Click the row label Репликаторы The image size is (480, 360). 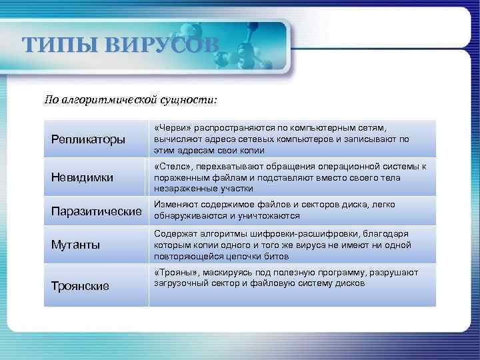pyautogui.click(x=88, y=139)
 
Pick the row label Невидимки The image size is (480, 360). pyautogui.click(x=82, y=177)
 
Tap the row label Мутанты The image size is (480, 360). pyautogui.click(x=75, y=245)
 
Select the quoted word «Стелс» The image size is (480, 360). pyautogui.click(x=171, y=166)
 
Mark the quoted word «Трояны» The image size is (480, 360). pyautogui.click(x=175, y=272)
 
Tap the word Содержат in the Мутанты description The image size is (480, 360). pyautogui.click(x=175, y=233)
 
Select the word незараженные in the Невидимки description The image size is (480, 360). pyautogui.click(x=183, y=189)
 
